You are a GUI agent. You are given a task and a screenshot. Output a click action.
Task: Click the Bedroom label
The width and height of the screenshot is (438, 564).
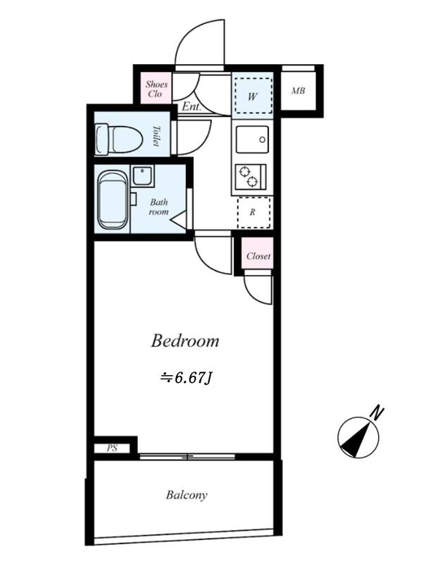(184, 341)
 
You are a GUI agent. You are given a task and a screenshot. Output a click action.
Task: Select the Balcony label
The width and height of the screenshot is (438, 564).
(187, 495)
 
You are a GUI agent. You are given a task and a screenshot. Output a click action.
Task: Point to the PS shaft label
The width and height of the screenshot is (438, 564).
(112, 448)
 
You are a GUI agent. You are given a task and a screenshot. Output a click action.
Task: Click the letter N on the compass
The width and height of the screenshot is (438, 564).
(377, 413)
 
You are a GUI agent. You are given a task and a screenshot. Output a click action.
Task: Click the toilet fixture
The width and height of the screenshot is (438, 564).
(118, 140)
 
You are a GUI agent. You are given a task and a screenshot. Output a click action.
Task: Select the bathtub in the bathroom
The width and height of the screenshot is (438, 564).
(113, 200)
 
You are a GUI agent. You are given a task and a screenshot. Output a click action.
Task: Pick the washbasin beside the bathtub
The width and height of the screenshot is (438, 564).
(142, 175)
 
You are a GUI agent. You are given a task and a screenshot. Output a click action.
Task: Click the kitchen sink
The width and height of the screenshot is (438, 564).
(252, 139)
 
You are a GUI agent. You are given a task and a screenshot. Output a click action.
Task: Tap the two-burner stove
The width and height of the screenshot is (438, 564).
(251, 177)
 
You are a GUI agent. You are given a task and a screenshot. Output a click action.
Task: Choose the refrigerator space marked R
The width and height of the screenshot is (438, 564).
(254, 212)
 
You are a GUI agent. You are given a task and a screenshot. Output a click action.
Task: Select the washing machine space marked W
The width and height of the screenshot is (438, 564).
(253, 96)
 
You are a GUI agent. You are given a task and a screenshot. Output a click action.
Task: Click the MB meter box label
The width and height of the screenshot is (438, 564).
(298, 91)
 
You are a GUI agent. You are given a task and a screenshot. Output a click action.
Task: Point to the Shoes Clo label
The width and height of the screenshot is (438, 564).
(156, 89)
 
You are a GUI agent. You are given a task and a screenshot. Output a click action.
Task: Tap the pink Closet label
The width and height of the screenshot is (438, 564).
(258, 256)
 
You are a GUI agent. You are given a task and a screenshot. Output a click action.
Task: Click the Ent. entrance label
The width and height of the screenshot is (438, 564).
(192, 106)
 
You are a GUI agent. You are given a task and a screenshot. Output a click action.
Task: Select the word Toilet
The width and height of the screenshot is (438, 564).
(156, 135)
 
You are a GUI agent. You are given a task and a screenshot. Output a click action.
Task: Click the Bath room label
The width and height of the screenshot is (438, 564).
(159, 207)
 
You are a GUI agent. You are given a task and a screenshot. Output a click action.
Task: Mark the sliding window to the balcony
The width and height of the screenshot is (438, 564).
(187, 456)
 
